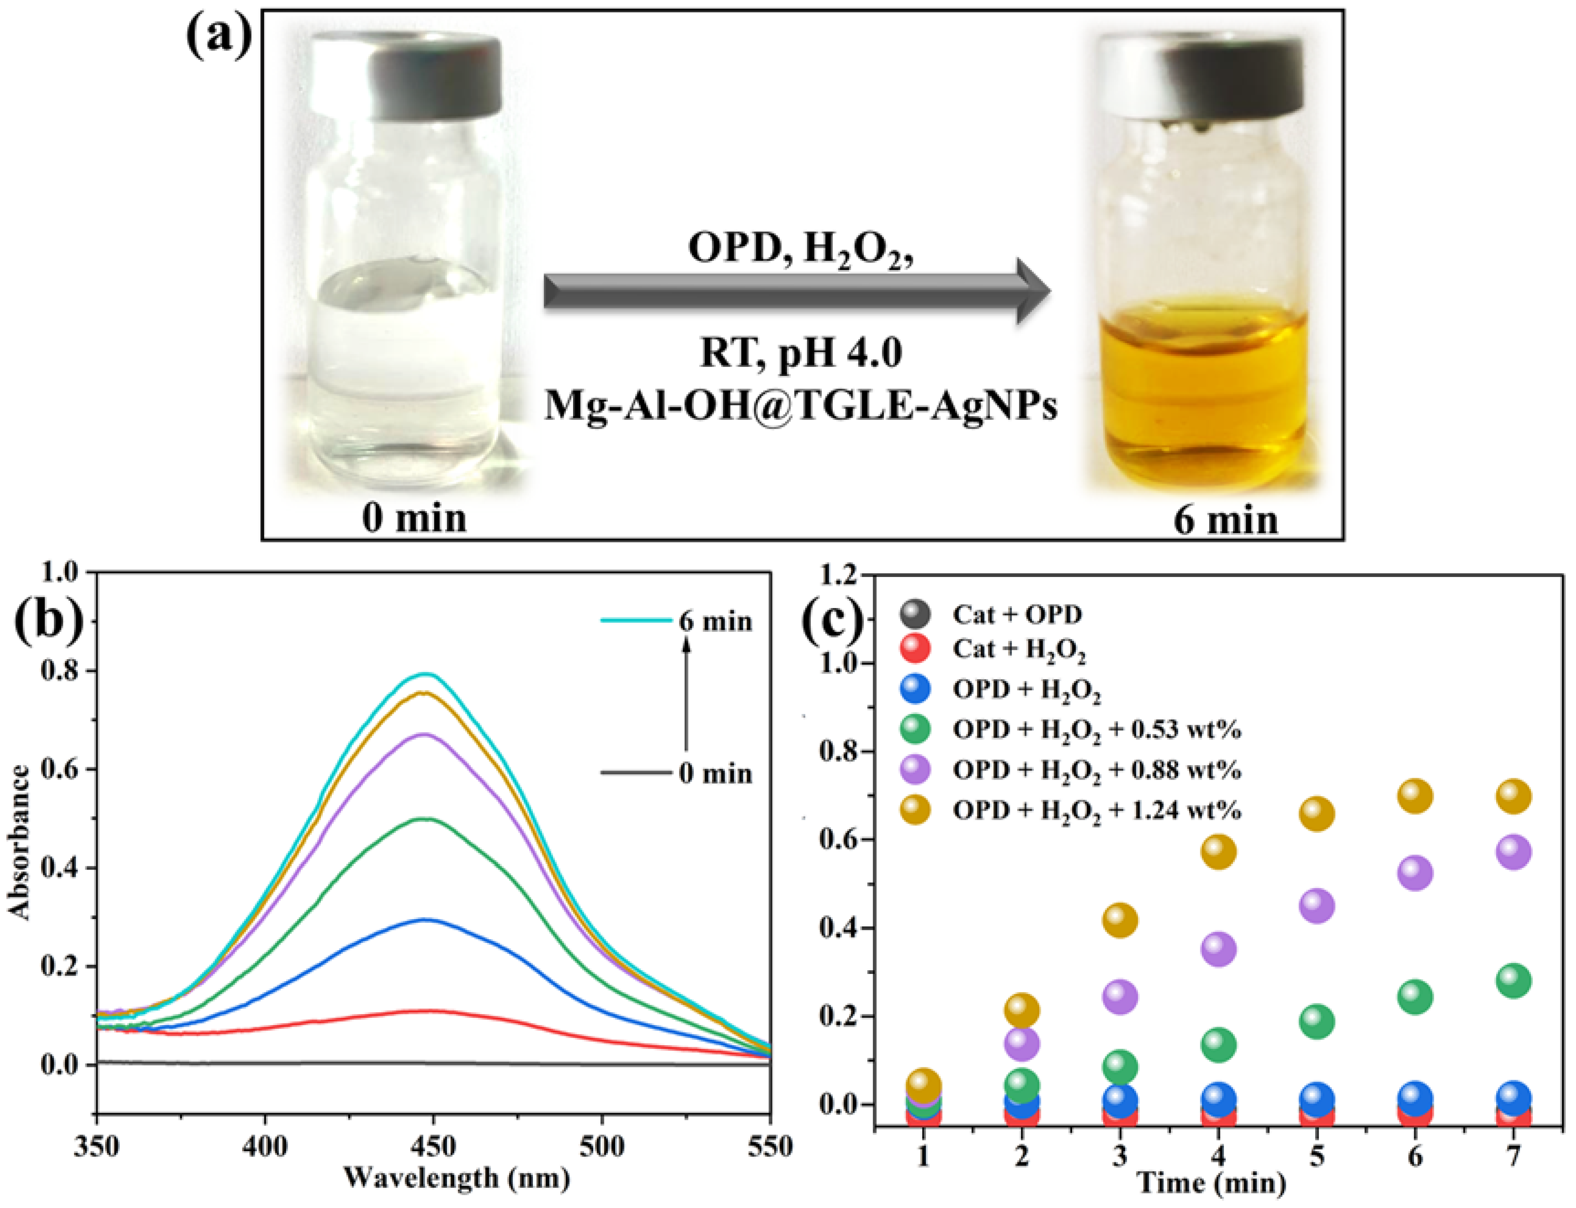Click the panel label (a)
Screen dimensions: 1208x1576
pyautogui.click(x=219, y=36)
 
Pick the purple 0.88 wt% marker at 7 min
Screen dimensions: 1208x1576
pyautogui.click(x=1514, y=852)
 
